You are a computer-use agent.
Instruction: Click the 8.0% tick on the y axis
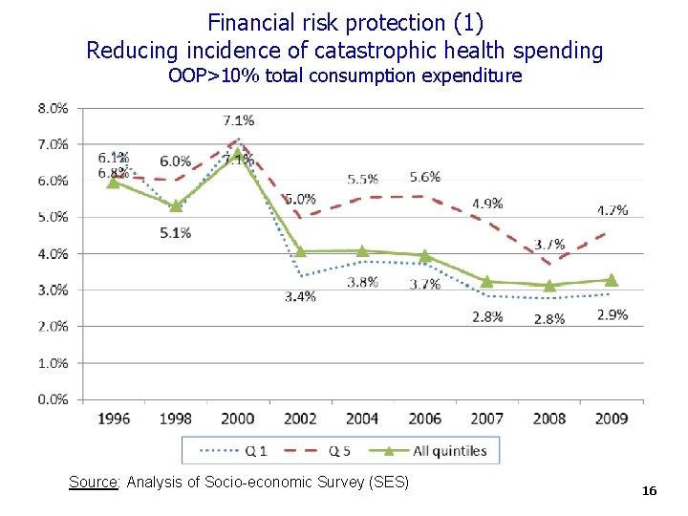coord(53,108)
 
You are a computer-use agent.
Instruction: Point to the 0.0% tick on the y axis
coord(53,399)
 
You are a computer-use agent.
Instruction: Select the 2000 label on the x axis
coord(238,419)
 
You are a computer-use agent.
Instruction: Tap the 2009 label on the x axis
coord(612,419)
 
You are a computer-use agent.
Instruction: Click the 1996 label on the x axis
coord(113,419)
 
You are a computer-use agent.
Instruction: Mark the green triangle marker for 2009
coord(612,280)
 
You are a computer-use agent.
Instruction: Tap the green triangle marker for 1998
coord(176,205)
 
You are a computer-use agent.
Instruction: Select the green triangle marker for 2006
coord(425,256)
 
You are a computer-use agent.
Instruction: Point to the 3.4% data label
coord(300,296)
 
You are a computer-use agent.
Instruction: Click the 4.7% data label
coord(612,210)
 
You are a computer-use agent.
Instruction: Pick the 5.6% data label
coord(425,177)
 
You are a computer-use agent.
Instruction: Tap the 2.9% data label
coord(612,314)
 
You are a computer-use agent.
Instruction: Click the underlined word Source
coord(93,483)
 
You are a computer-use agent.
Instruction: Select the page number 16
coord(650,491)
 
